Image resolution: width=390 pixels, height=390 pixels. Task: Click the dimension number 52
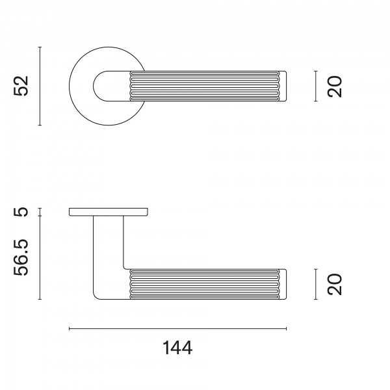pos(21,86)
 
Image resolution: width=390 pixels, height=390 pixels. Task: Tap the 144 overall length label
pos(177,348)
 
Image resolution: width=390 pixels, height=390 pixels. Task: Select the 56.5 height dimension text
pos(21,257)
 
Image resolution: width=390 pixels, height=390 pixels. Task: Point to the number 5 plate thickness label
pos(21,212)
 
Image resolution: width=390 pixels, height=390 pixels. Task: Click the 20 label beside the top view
pos(335,86)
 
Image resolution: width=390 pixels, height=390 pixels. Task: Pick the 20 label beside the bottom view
pos(335,284)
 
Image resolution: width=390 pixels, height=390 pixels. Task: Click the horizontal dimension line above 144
pos(178,329)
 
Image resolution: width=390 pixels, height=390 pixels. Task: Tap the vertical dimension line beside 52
pos(40,86)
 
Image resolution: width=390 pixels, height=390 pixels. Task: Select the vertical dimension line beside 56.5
pos(40,257)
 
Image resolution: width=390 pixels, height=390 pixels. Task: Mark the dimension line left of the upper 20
pos(316,86)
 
